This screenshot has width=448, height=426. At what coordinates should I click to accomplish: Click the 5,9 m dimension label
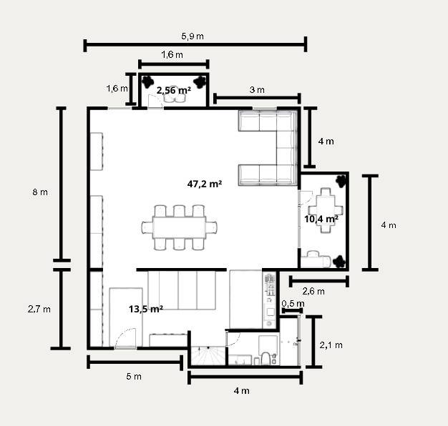tap(193, 36)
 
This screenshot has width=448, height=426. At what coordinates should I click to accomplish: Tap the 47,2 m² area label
tap(205, 184)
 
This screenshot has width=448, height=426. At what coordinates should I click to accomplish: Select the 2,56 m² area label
tap(174, 91)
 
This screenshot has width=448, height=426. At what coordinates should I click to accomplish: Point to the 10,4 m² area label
tap(321, 219)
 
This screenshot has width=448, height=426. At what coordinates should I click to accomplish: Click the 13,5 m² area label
tap(146, 309)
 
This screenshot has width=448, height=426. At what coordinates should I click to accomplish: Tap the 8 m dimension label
tap(40, 192)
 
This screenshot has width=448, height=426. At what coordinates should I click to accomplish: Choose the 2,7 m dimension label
tap(39, 309)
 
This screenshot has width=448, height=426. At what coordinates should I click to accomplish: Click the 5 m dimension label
tap(134, 377)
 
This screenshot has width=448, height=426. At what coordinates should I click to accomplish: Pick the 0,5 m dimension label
tap(293, 304)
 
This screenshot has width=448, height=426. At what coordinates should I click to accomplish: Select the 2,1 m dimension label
tap(331, 345)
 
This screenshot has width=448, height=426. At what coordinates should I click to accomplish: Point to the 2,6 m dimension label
tap(313, 292)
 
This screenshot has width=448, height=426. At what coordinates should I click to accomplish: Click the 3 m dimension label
tap(257, 90)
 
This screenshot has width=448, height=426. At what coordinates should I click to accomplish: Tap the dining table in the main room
tap(180, 227)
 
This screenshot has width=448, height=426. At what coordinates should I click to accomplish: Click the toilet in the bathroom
tap(266, 359)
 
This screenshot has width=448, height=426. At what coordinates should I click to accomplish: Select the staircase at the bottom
tap(208, 355)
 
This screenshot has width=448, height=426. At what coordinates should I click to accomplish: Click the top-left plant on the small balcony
tap(148, 82)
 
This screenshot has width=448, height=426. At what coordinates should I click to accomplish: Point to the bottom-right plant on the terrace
tap(339, 262)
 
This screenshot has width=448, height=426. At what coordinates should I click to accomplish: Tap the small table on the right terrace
tap(326, 211)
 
